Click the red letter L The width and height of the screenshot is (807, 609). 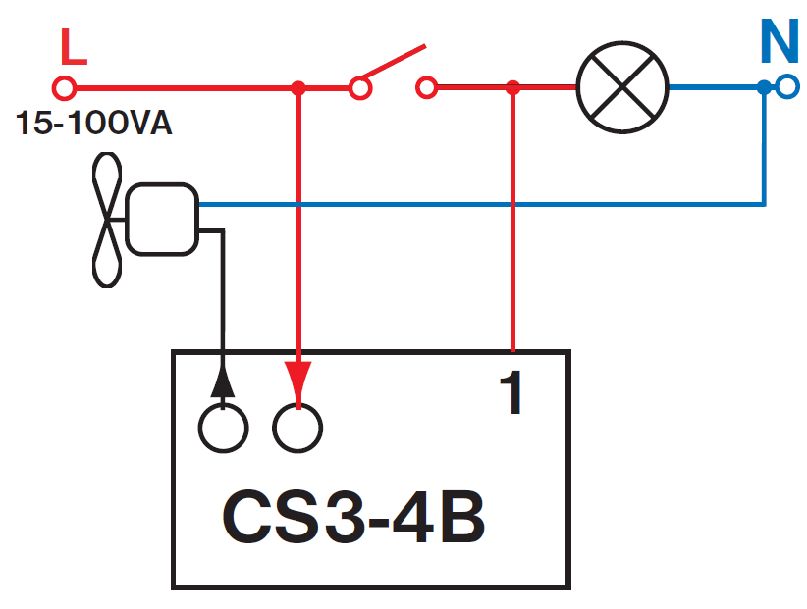pos(74,47)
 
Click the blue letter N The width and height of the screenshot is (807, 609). pos(780,41)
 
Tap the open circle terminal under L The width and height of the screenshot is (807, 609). pos(64,88)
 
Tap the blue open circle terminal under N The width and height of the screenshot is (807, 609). pos(786,88)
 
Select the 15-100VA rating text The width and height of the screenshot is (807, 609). pos(93,126)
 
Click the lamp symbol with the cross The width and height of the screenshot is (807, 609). pos(621,88)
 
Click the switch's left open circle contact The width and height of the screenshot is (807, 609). pos(360,89)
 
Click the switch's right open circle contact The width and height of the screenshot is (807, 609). pos(426,89)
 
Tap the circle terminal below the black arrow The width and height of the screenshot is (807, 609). pos(224,427)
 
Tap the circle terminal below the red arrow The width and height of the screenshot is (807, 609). pos(297,427)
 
